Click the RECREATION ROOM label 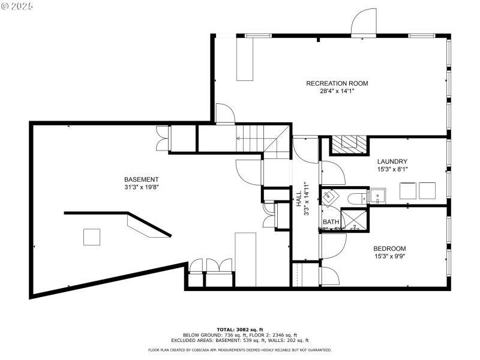tap(337, 83)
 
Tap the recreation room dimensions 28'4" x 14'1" tap(337, 91)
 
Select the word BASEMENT tap(141, 179)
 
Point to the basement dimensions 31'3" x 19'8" tap(141, 187)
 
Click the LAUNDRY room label tap(392, 161)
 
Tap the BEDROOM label tap(389, 249)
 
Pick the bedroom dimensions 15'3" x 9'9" tap(389, 257)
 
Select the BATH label tap(331, 222)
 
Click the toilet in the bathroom tap(355, 197)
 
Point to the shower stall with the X tap(355, 219)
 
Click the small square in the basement tap(92, 237)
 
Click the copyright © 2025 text tap(18, 5)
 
